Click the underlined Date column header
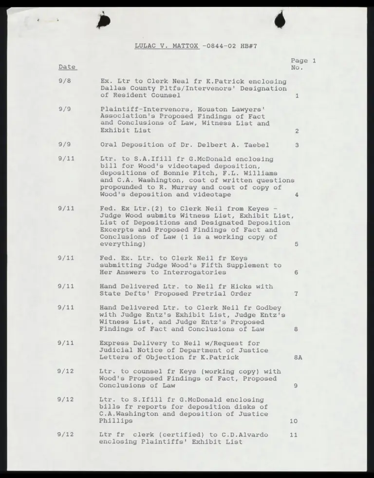(x=67, y=67)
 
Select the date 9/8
(x=65, y=81)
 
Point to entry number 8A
(x=298, y=357)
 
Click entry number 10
(x=293, y=421)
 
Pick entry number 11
(x=293, y=435)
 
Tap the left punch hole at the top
(x=104, y=20)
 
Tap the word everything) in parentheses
(x=122, y=244)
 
